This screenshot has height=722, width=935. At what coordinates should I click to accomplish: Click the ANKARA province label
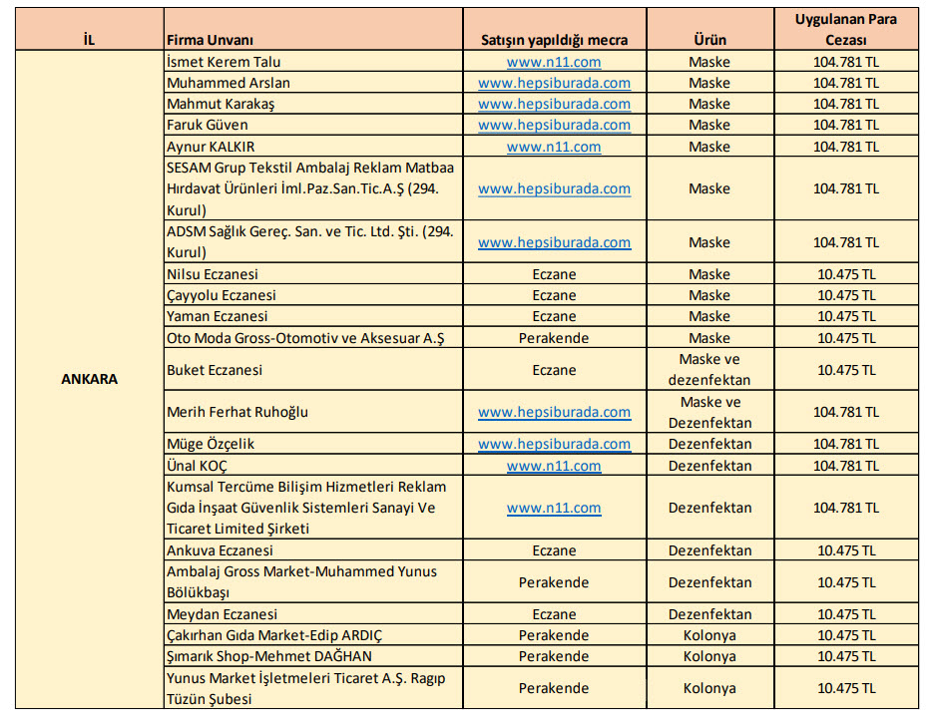(x=89, y=380)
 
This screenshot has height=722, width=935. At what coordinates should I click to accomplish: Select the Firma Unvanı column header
(x=211, y=41)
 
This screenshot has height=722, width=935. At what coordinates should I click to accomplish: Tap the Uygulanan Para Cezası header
(x=845, y=30)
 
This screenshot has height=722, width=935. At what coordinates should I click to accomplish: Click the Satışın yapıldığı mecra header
(x=554, y=41)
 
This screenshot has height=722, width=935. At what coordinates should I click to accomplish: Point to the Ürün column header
(x=709, y=41)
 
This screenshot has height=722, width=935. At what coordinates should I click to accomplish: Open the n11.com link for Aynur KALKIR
(x=554, y=147)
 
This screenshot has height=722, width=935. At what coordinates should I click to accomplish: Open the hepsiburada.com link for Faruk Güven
(x=554, y=125)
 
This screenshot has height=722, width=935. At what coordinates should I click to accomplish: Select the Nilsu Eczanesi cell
(x=213, y=274)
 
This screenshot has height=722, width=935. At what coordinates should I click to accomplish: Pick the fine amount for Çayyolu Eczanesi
(x=845, y=295)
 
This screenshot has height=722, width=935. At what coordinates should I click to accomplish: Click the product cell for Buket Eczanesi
(x=709, y=370)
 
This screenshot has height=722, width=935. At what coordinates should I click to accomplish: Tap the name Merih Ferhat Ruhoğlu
(x=237, y=412)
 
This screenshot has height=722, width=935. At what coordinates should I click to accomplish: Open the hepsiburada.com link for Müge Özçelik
(x=554, y=444)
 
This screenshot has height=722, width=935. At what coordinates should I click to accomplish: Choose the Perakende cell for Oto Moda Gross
(x=554, y=338)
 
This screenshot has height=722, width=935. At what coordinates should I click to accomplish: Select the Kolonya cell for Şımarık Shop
(x=709, y=656)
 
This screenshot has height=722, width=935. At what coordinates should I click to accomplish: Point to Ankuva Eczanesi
(x=221, y=550)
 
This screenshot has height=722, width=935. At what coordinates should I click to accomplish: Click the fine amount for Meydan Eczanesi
(x=845, y=614)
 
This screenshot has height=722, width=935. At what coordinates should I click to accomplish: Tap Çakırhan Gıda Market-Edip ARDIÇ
(x=274, y=635)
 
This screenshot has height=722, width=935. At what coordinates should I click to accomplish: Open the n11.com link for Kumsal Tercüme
(x=554, y=508)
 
